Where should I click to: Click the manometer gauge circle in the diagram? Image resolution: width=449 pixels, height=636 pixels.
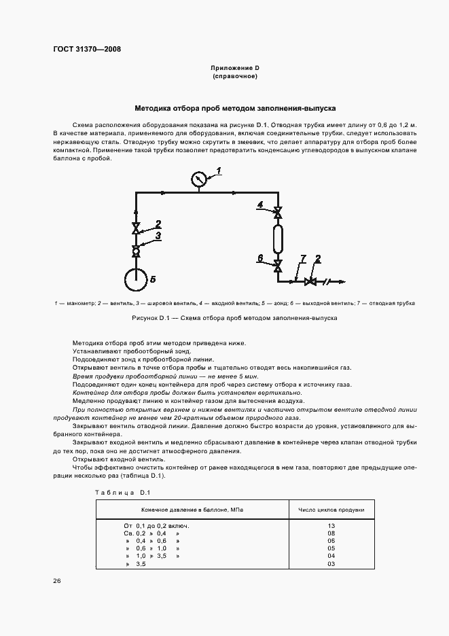pos(198,179)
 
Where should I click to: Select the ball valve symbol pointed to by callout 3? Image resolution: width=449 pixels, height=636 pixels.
pos(135,250)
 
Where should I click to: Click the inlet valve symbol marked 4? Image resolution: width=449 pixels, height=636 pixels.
pos(277,213)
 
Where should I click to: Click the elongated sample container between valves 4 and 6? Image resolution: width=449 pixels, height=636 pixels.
pos(277,240)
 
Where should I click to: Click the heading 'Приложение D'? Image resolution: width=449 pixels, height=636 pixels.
pos(234,69)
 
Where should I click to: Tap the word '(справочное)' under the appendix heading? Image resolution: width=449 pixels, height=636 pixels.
pos(234,77)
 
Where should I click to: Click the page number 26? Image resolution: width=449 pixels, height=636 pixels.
pos(56,581)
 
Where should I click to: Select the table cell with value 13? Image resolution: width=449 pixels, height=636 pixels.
pos(331,526)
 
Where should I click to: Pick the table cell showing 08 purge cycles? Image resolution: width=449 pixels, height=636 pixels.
pos(331,533)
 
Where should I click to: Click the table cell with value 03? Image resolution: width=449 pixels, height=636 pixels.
pos(331,564)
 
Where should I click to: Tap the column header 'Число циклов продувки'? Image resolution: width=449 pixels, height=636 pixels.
pos(331,509)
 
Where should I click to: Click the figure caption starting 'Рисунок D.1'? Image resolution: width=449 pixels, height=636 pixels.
pos(234,318)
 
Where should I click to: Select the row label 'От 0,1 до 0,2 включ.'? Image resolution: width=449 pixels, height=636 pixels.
pos(156,526)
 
